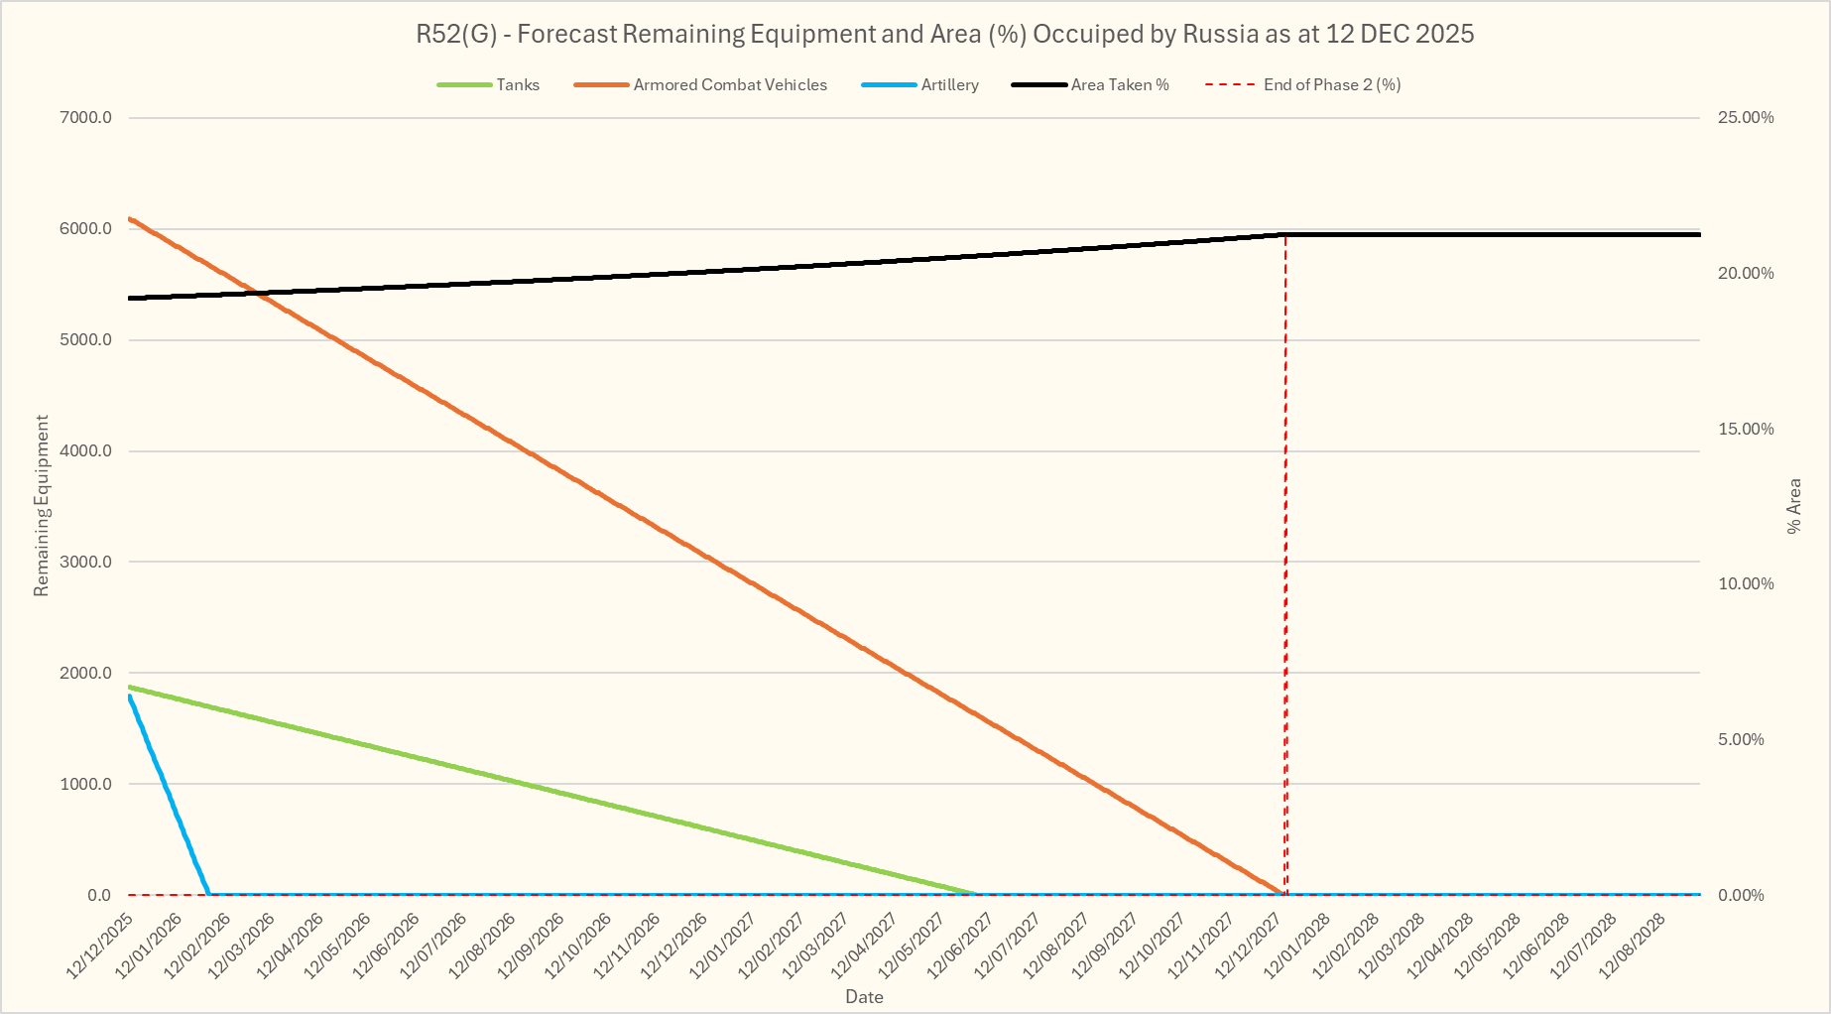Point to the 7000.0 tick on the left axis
pyautogui.click(x=86, y=118)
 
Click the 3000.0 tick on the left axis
pyautogui.click(x=86, y=563)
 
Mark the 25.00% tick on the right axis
pyautogui.click(x=1746, y=118)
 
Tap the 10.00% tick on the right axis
pyautogui.click(x=1746, y=584)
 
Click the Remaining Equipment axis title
pyautogui.click(x=42, y=506)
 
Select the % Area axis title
pyautogui.click(x=1793, y=506)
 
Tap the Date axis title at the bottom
pyautogui.click(x=864, y=997)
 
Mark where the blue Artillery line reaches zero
pyautogui.click(x=208, y=894)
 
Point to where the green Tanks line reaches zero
pyautogui.click(x=978, y=894)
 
